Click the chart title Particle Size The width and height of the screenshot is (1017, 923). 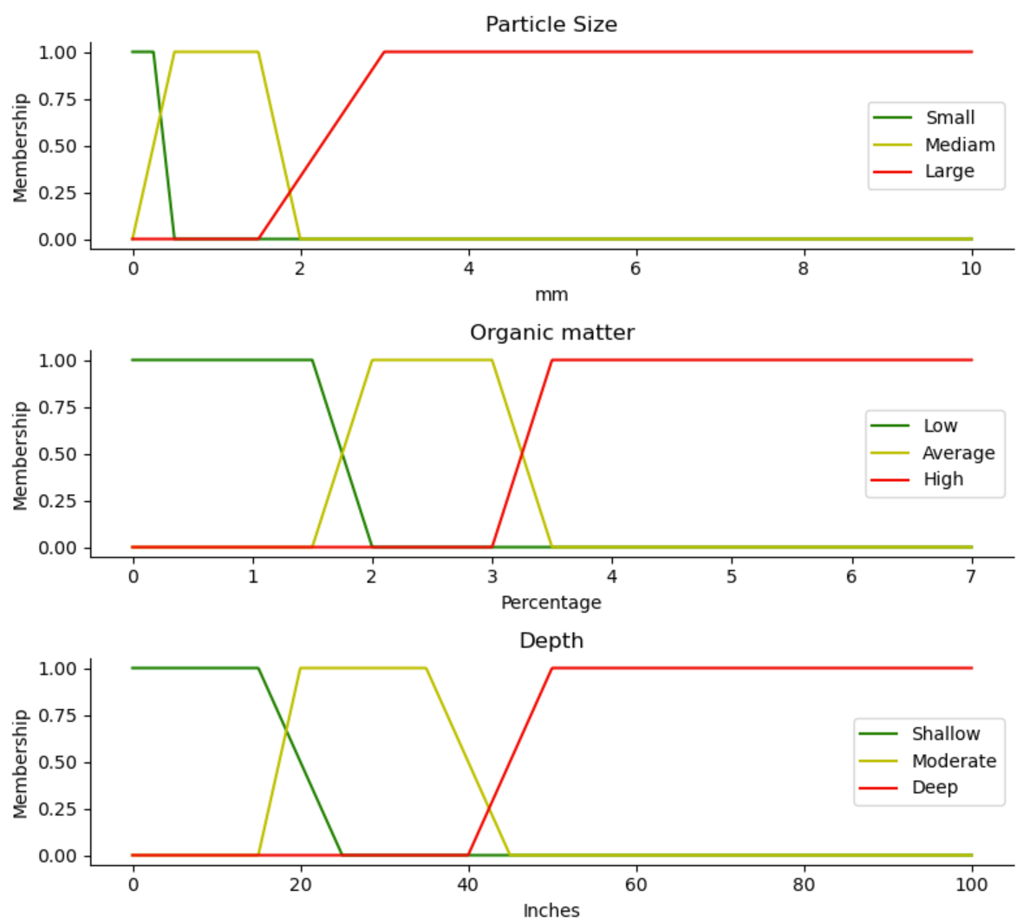[x=551, y=24]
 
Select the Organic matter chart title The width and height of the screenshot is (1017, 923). [x=551, y=333]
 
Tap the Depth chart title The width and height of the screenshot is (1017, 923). [x=551, y=640]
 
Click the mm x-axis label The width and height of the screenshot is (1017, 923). [x=551, y=295]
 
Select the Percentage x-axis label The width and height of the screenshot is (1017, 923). [x=551, y=602]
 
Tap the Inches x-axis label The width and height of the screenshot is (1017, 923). [x=551, y=910]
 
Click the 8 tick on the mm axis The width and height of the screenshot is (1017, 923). [x=804, y=269]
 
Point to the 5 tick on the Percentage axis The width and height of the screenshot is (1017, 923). [x=732, y=576]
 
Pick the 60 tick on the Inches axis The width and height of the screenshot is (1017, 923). [x=636, y=884]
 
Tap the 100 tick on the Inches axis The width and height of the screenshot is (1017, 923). [x=971, y=884]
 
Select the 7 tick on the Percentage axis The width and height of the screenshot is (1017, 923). [x=971, y=576]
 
